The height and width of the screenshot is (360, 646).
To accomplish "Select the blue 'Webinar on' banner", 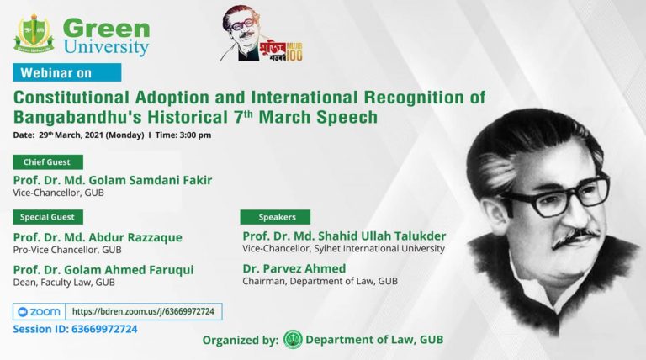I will [x=67, y=72].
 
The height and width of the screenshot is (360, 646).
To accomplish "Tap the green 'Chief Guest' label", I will [x=47, y=162].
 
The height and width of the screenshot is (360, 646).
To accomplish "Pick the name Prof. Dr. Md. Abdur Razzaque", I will [x=98, y=237].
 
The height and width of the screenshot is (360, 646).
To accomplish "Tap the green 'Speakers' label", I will [x=275, y=217].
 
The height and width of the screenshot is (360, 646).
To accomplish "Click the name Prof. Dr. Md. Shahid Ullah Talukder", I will [x=344, y=236].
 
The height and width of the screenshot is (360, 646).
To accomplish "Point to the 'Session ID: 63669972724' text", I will [x=75, y=329].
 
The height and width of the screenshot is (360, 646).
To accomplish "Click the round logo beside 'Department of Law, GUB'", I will [x=293, y=339].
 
